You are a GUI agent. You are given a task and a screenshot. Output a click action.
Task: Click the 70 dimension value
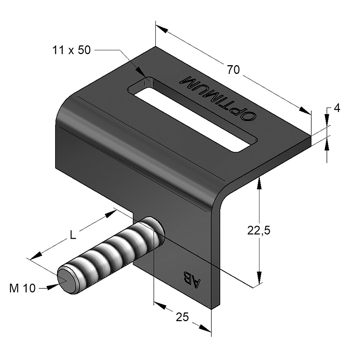[233, 69]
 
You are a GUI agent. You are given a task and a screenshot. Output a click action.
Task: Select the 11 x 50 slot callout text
[72, 50]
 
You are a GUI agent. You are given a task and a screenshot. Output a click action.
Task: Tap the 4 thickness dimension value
[337, 108]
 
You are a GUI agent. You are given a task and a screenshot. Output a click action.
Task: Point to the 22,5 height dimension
[259, 230]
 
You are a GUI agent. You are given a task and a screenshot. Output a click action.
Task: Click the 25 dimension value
[182, 317]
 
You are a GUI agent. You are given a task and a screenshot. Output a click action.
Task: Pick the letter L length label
[72, 235]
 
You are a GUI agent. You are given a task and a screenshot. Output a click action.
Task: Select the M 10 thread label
[22, 288]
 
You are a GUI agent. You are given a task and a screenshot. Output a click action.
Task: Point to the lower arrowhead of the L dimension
[36, 256]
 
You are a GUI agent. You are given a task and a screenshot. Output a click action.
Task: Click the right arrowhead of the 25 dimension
[205, 328]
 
